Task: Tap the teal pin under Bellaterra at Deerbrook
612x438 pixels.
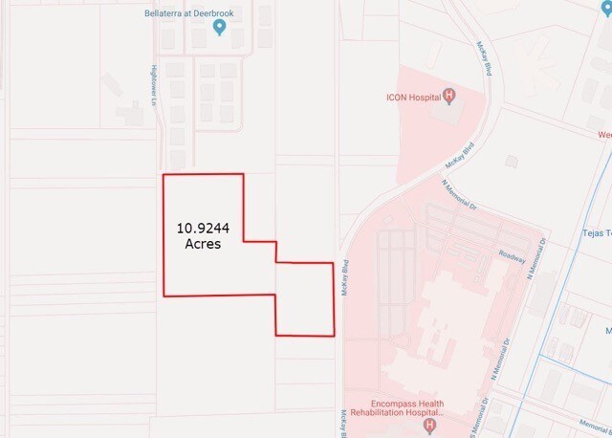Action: point(220,28)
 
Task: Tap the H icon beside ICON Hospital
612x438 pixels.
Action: point(448,96)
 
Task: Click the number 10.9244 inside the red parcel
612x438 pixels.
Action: point(202,229)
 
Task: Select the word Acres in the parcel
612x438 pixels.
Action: point(202,244)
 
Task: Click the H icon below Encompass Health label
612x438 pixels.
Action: point(429,425)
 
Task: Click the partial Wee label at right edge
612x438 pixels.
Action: point(603,135)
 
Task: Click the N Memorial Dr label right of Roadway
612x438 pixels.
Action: point(537,257)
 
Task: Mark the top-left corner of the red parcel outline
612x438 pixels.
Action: point(163,175)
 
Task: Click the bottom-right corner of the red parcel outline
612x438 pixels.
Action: point(334,336)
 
